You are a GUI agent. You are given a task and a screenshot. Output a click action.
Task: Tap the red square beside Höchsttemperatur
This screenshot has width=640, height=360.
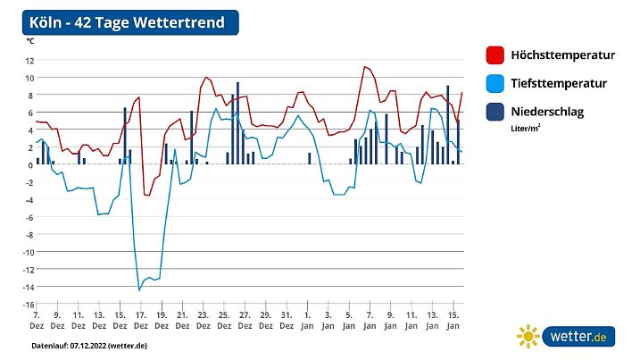tap(495, 55)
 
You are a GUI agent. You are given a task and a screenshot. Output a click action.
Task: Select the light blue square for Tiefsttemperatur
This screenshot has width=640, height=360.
tap(495, 83)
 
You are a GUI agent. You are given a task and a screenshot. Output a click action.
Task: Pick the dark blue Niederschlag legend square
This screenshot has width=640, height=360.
tap(495, 112)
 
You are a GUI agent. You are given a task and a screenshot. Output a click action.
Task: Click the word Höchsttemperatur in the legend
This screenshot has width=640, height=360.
tap(563, 55)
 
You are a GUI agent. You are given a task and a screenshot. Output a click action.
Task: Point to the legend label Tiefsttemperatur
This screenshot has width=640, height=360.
tap(559, 83)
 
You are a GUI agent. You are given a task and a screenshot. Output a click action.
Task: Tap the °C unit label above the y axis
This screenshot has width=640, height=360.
tap(30, 41)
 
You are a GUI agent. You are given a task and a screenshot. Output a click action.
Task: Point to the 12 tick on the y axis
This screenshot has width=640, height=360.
tap(29, 61)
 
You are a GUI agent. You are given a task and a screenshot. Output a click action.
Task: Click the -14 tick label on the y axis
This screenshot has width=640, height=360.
tap(29, 287)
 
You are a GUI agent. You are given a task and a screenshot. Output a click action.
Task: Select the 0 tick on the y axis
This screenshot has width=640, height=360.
tap(31, 165)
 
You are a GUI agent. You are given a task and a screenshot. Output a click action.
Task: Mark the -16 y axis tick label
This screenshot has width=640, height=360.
tap(29, 305)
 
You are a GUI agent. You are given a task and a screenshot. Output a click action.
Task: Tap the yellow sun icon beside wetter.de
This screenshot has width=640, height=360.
tap(528, 337)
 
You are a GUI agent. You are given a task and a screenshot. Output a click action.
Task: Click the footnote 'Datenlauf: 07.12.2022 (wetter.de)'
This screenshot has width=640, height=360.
tap(89, 345)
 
